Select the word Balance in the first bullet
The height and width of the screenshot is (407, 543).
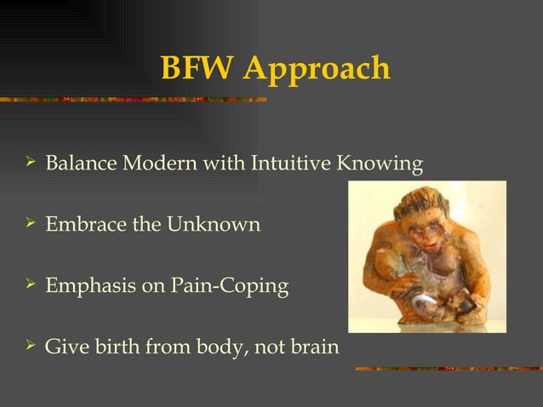click(80, 163)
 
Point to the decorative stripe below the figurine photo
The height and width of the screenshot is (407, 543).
click(447, 369)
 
